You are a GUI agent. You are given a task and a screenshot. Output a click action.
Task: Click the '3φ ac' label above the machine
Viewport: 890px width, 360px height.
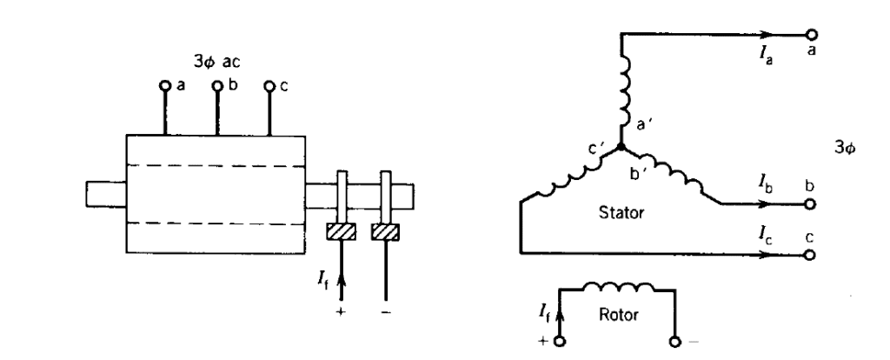click(217, 64)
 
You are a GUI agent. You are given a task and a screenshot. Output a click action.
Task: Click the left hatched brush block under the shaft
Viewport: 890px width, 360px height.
click(341, 232)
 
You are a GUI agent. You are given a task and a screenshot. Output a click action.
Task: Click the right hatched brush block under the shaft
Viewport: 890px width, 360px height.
click(385, 232)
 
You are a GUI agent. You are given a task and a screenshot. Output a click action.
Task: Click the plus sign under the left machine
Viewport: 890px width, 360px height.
click(341, 333)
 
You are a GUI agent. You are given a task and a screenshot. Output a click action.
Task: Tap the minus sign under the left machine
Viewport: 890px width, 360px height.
click(385, 333)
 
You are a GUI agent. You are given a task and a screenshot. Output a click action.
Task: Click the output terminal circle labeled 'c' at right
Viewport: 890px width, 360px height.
click(811, 255)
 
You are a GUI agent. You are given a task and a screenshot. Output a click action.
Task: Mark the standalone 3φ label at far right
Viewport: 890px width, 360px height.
click(843, 149)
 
